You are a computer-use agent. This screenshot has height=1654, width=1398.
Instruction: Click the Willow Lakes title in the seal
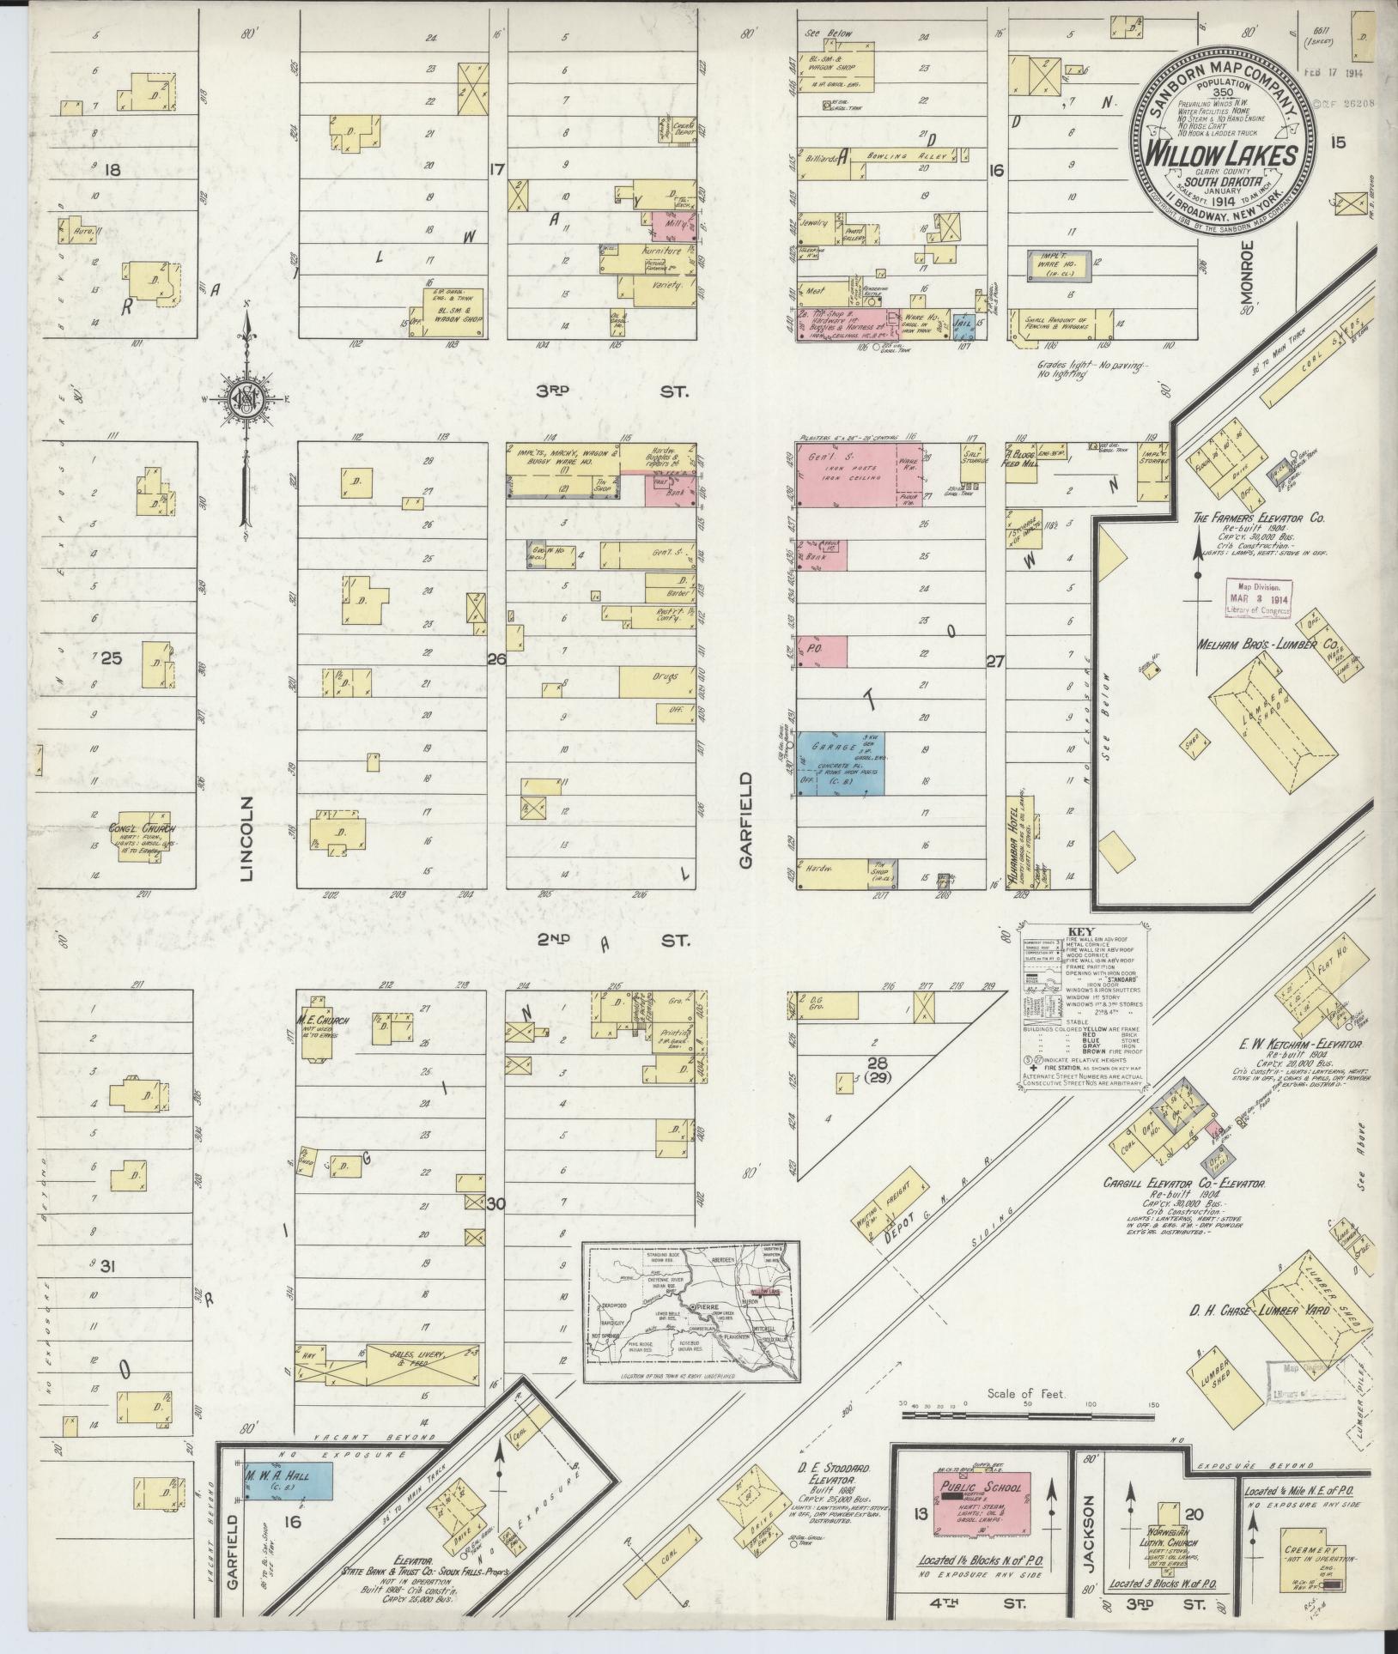(x=1226, y=157)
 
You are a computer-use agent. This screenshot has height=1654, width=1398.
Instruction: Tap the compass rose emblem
(x=246, y=397)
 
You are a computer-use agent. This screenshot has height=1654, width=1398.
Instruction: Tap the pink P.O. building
(x=822, y=651)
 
